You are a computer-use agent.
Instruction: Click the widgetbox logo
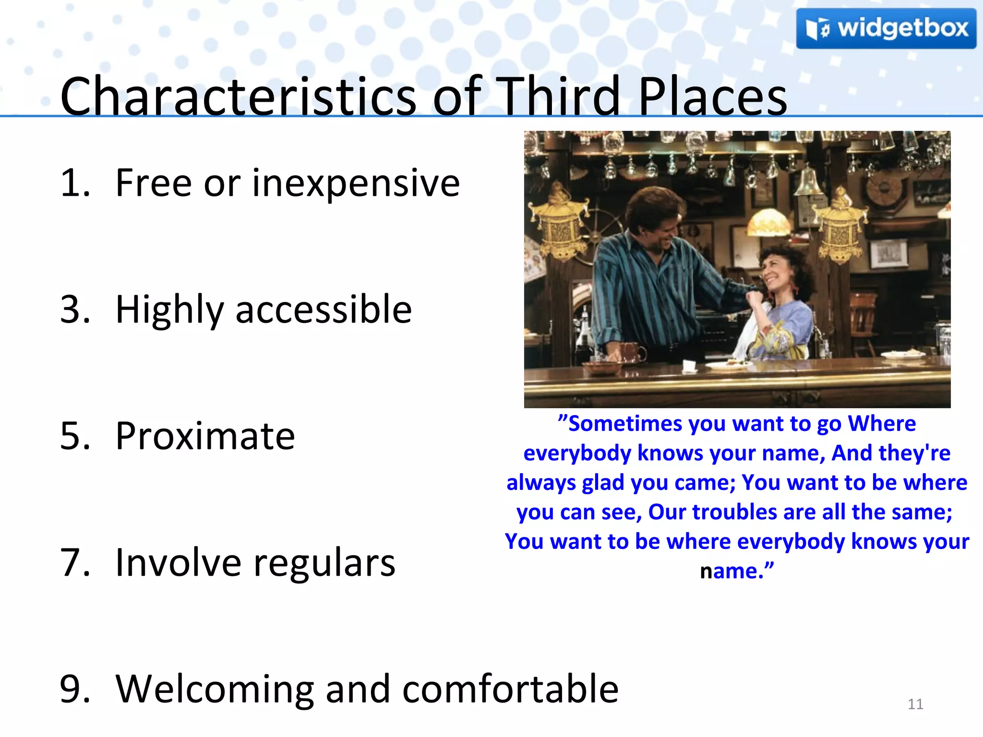886,29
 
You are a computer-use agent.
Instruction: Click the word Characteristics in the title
238,97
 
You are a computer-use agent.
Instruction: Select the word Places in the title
712,97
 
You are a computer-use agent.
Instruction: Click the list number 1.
74,183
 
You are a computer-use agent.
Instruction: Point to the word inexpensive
356,183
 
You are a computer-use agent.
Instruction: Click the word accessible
324,310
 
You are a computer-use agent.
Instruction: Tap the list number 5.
74,436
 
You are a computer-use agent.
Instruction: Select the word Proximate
205,436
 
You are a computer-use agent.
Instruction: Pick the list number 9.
74,689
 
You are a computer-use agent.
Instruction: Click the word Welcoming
214,689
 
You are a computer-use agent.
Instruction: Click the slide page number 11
915,704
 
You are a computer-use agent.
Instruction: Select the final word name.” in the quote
737,571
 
